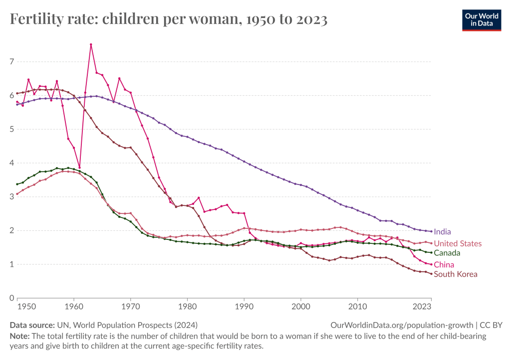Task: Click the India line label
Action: click(442, 232)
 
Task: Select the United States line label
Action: click(458, 244)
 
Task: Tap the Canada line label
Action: click(447, 253)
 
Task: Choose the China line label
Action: click(444, 265)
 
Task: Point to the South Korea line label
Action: click(455, 274)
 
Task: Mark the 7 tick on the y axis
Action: click(11, 62)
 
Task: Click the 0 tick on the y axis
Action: click(11, 298)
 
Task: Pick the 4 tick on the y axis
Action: click(11, 163)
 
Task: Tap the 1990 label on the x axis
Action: click(244, 306)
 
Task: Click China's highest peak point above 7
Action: click(91, 44)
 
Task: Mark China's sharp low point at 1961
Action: click(79, 168)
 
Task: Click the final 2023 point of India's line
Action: click(431, 231)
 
